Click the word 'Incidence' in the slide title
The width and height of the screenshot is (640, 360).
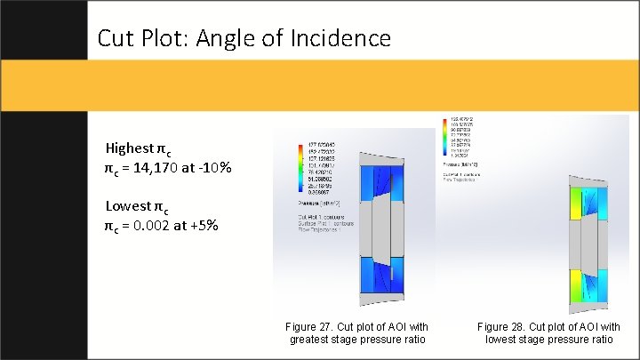(347, 38)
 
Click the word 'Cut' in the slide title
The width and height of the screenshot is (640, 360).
(116, 38)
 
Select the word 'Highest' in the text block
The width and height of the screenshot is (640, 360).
(130, 148)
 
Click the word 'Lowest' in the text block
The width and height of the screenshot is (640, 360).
(127, 207)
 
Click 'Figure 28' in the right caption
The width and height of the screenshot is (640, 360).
(500, 327)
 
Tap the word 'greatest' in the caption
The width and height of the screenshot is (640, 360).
(311, 340)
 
